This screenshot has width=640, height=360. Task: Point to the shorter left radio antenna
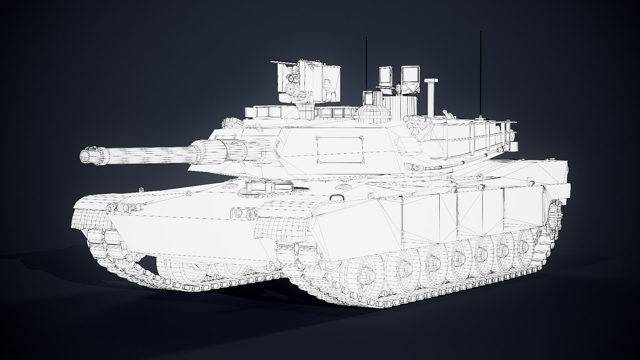coord(366,63)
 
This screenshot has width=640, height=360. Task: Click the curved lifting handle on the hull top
coord(336,197)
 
